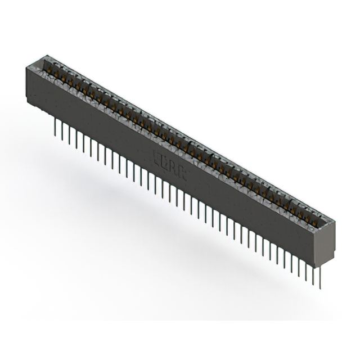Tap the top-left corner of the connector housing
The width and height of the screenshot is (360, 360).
click(x=26, y=66)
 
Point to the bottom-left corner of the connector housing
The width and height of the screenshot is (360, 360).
click(x=28, y=102)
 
